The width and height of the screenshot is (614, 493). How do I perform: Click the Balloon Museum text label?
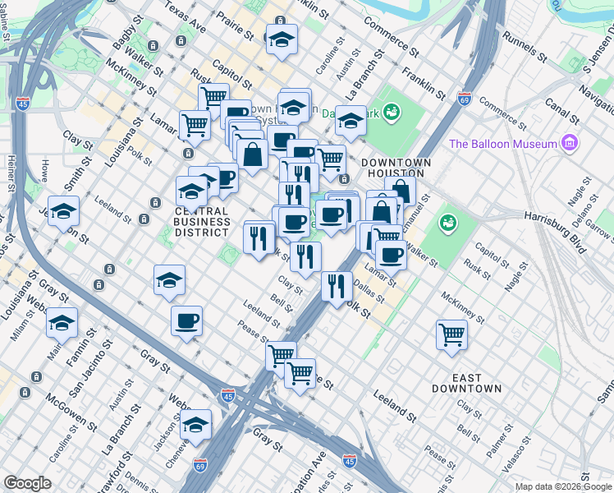click(503, 144)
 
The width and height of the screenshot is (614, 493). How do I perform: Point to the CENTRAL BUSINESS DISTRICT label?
click(202, 222)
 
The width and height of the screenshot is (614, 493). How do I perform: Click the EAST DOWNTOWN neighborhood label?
click(467, 383)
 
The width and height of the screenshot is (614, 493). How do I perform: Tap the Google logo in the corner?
click(27, 483)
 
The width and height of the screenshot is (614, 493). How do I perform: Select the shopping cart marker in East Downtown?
click(451, 334)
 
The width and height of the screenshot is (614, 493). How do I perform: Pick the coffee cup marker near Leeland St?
click(187, 320)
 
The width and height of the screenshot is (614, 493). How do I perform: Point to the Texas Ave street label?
click(185, 16)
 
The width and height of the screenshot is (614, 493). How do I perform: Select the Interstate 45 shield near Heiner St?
click(23, 104)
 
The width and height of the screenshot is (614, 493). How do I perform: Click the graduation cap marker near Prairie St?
click(282, 39)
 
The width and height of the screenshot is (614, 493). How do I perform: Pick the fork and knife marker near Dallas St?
click(336, 286)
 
